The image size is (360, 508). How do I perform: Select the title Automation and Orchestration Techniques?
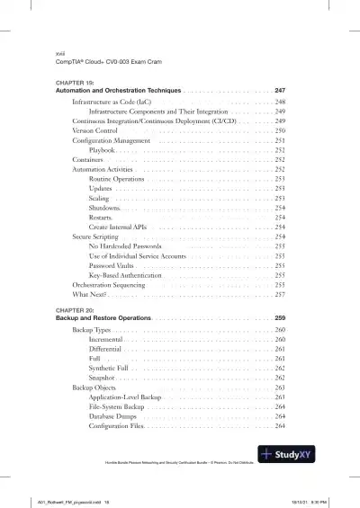118,91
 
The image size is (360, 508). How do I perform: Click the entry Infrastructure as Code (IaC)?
111,103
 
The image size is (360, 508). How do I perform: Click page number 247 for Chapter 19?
280,91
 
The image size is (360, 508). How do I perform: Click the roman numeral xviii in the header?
61,53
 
